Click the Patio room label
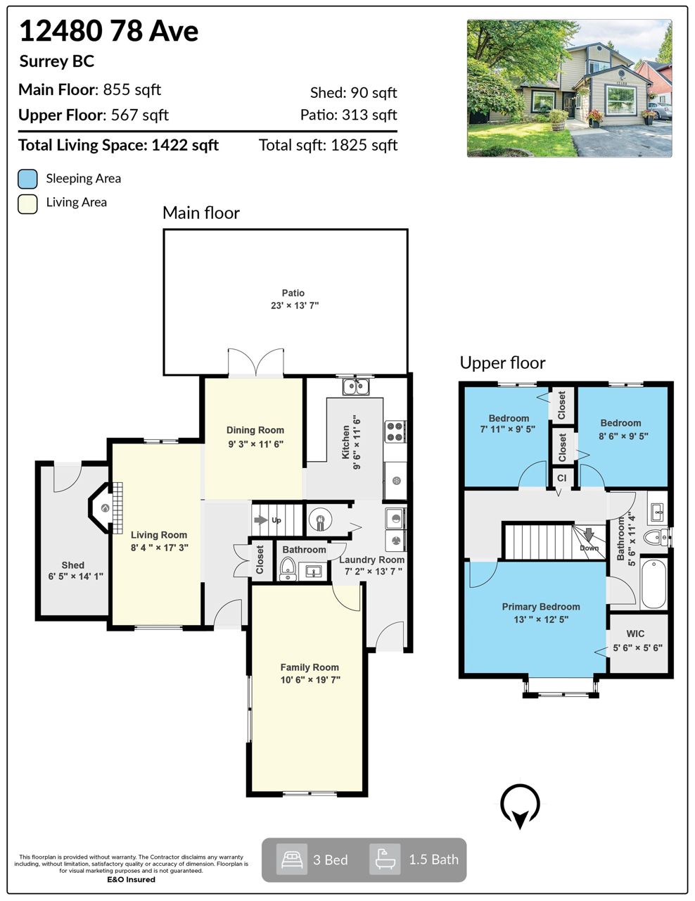coord(293,293)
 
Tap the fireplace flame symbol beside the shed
coord(106,508)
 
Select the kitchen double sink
coord(356,387)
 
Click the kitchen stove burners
coord(395,431)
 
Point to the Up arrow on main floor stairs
coord(260,519)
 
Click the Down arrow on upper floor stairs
coord(589,534)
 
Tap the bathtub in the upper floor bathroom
coord(653,583)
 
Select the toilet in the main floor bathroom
coord(288,569)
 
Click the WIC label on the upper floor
coord(635,634)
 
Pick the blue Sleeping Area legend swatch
coord(27,179)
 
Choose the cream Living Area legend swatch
coord(27,204)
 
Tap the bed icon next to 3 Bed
coord(292,859)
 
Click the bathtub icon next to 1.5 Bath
coord(385,859)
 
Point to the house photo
coord(569,88)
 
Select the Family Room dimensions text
coord(310,680)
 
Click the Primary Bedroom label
coord(541,607)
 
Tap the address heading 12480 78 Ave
coord(109,31)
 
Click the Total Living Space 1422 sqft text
coord(118,145)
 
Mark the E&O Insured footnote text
coord(132,879)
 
